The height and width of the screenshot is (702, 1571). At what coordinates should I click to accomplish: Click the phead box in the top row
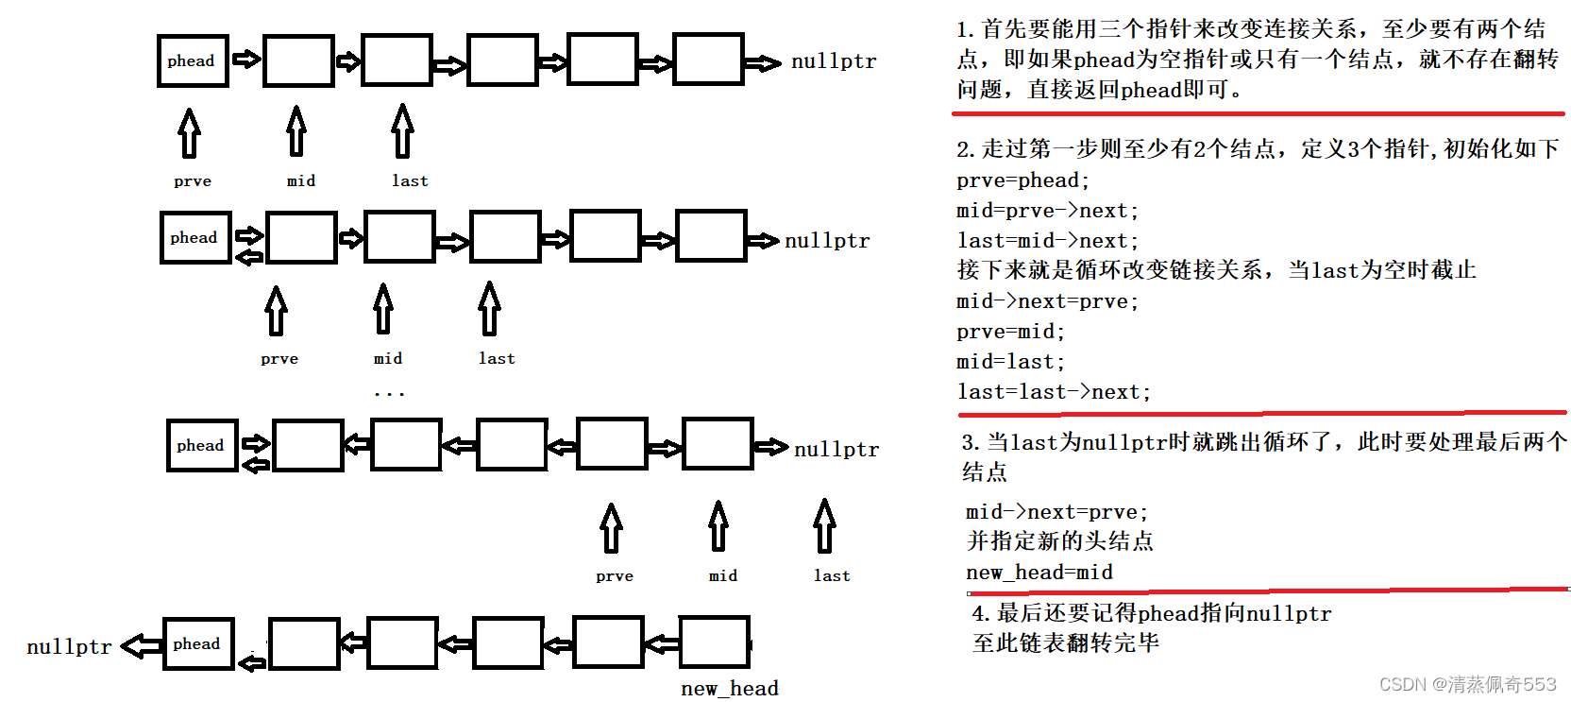point(193,61)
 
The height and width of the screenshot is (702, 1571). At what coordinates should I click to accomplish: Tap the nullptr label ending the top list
point(833,61)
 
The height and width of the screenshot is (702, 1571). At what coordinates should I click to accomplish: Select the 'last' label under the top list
point(410,180)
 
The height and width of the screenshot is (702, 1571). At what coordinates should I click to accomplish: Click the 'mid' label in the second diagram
point(388,358)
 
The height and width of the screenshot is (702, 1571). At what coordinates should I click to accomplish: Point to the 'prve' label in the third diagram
point(615,575)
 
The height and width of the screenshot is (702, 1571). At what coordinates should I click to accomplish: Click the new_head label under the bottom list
point(730,688)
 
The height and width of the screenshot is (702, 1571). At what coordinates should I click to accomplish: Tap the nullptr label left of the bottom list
point(69,646)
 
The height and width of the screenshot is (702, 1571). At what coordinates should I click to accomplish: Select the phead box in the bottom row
point(198,644)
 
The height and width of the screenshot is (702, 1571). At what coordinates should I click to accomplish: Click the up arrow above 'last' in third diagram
point(825,525)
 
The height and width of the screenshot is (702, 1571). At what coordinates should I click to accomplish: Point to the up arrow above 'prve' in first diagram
point(190,132)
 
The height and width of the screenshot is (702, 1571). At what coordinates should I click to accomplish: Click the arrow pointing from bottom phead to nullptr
point(142,646)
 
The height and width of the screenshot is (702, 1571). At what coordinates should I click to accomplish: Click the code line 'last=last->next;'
point(1054,392)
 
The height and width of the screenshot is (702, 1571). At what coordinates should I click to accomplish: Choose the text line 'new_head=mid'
point(1039,573)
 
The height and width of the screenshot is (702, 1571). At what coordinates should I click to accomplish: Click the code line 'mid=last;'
point(1010,362)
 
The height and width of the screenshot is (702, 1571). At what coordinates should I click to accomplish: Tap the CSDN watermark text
point(1467,684)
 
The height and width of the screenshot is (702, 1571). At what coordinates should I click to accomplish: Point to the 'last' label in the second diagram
point(497,358)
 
